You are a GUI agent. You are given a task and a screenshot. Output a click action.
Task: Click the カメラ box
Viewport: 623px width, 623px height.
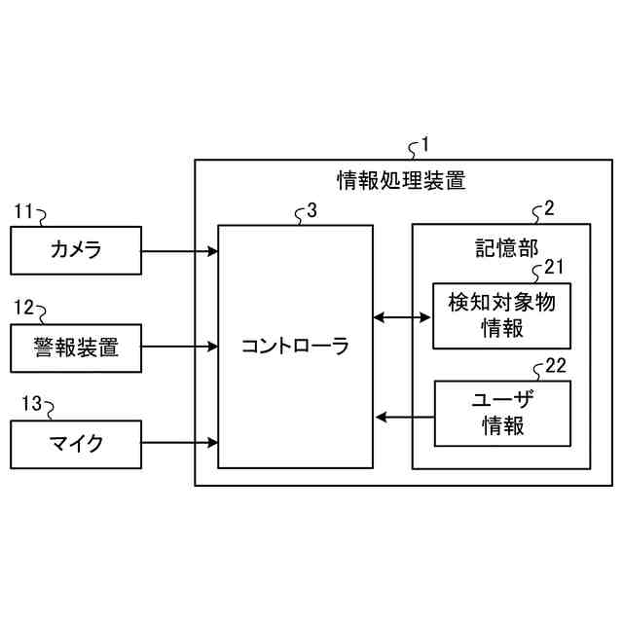point(75,251)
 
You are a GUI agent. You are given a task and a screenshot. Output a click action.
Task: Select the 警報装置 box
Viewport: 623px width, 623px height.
point(75,346)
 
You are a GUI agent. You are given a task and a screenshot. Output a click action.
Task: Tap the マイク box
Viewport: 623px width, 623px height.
point(75,444)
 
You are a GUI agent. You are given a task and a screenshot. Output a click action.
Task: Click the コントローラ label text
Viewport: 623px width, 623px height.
point(295,346)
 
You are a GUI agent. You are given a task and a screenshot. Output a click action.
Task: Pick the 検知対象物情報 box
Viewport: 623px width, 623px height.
point(501,315)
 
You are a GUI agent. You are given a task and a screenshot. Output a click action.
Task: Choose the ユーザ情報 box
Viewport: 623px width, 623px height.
point(501,413)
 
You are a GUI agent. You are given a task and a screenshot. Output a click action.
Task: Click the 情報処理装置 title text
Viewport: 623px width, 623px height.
point(400,179)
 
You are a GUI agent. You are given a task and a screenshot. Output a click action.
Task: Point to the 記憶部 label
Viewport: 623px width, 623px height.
point(500,244)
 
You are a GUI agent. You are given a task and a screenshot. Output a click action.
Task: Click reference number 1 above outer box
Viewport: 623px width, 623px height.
point(423,145)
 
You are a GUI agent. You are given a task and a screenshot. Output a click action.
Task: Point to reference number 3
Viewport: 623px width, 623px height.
point(311,209)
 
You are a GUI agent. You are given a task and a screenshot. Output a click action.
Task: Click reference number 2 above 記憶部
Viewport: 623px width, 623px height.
point(549,208)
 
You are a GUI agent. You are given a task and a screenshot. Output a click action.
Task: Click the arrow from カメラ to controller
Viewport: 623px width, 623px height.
point(179,252)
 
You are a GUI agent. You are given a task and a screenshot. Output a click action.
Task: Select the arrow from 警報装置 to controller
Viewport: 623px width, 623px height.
point(179,346)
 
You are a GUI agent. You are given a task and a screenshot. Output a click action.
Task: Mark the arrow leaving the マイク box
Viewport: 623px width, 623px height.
point(179,444)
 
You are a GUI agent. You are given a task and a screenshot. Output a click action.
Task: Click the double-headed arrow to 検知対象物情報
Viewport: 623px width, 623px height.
point(403,316)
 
